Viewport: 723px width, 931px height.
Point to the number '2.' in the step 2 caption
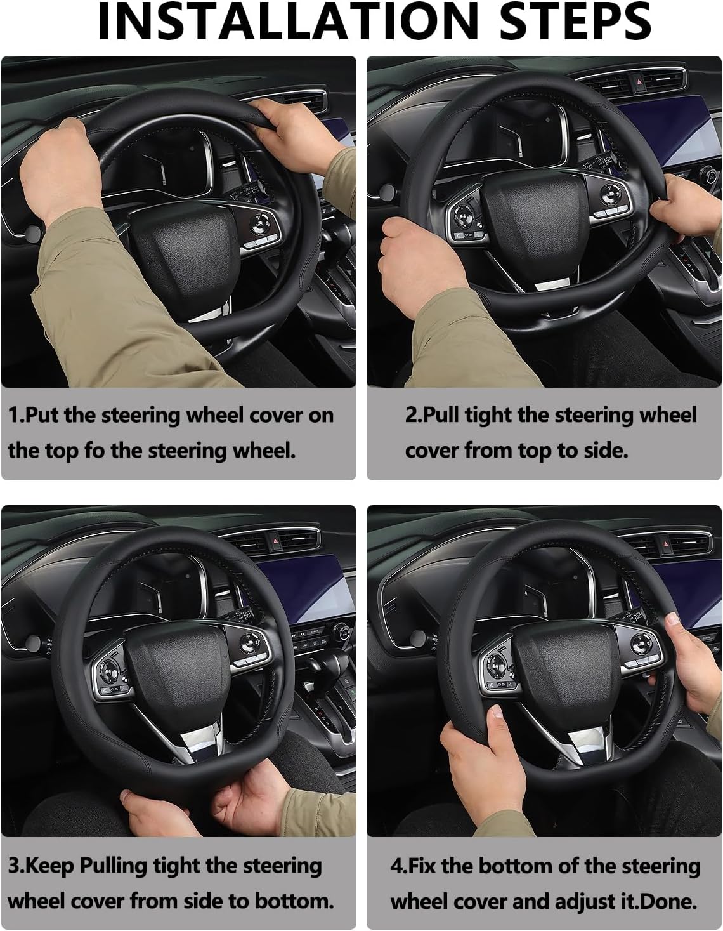point(414,415)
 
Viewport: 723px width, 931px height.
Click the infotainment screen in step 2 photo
point(669,133)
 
